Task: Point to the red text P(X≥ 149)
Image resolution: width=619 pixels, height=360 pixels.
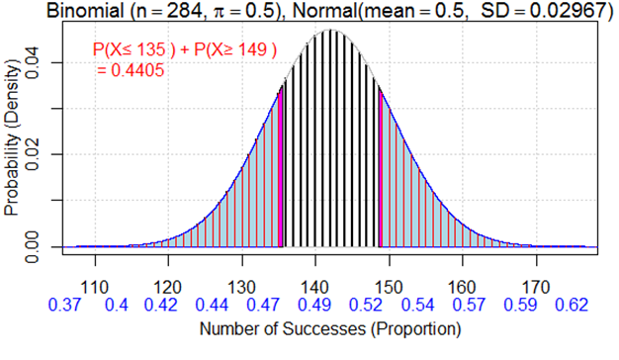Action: [234, 49]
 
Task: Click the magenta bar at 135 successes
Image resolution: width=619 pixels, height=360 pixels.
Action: [280, 168]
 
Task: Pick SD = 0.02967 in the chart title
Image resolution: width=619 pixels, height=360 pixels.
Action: [535, 10]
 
